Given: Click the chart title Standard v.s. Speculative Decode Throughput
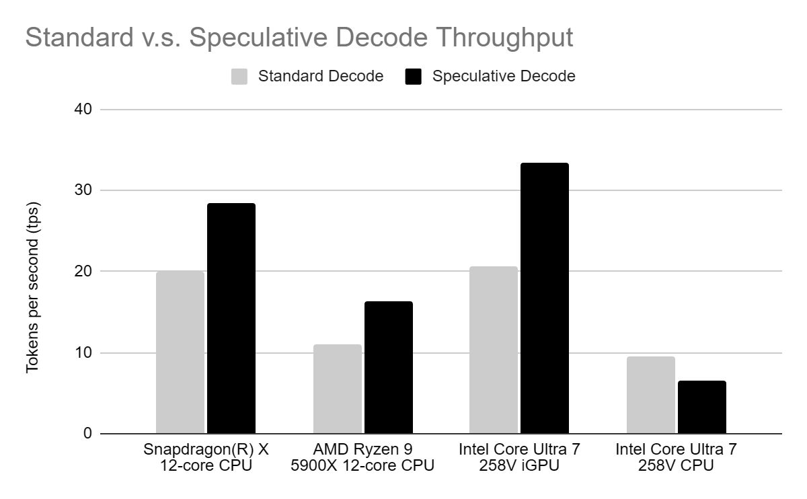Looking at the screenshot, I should [x=299, y=38].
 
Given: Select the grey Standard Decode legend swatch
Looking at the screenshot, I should [x=239, y=76].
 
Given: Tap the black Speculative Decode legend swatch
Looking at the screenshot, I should [x=413, y=76].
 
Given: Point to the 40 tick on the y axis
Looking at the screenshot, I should [x=84, y=109].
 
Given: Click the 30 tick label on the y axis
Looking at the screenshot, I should [x=84, y=190].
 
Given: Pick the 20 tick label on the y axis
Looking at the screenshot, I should [x=84, y=271].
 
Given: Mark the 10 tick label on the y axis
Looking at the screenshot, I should [x=84, y=352].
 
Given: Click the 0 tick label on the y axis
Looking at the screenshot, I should [x=88, y=434].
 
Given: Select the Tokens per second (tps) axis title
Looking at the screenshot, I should [x=33, y=287].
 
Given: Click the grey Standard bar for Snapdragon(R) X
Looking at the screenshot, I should [x=180, y=352].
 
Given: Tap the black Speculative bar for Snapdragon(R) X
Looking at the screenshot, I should [x=231, y=318].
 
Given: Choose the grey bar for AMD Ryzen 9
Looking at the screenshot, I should [x=337, y=389].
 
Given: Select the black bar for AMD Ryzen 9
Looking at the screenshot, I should [x=388, y=367].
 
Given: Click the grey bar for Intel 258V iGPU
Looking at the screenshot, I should [x=494, y=350].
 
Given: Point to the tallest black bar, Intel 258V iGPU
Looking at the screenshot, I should [x=545, y=298].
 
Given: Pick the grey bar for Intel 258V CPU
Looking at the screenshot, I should [x=650, y=395].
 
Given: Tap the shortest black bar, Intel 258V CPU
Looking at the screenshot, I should [x=701, y=407].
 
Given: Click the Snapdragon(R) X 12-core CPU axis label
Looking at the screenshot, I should [x=206, y=457].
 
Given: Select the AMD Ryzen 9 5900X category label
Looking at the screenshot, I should [x=362, y=457].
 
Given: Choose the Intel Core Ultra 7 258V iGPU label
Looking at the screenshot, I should [x=519, y=457].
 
